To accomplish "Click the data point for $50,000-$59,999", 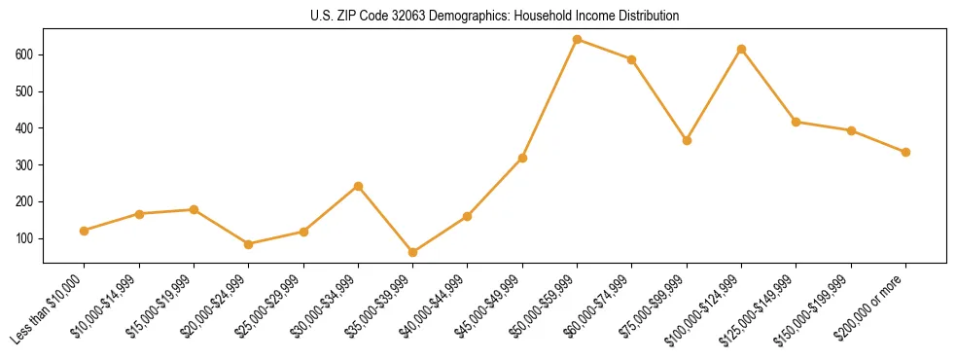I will pyautogui.click(x=577, y=40).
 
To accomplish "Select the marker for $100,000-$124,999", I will pyautogui.click(x=741, y=49).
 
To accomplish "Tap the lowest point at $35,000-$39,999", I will pyautogui.click(x=412, y=252).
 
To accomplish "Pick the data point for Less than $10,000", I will pyautogui.click(x=85, y=231).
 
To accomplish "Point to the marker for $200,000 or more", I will pyautogui.click(x=905, y=152).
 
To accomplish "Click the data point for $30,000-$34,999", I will pyautogui.click(x=358, y=186).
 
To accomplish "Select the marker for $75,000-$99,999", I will pyautogui.click(x=687, y=140).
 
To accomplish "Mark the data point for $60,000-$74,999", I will pyautogui.click(x=632, y=59).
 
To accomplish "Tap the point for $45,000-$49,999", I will pyautogui.click(x=522, y=158).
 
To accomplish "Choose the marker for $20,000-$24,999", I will pyautogui.click(x=249, y=244).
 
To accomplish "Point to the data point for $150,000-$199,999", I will pyautogui.click(x=851, y=130).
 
